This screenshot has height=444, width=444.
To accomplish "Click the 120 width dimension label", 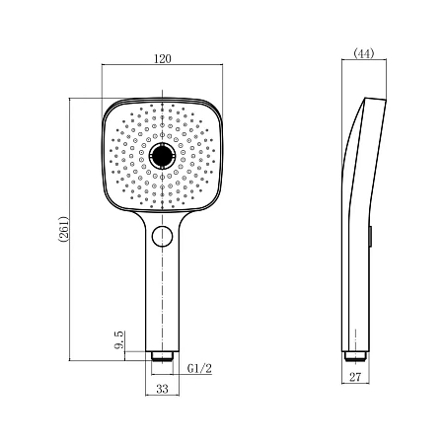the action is tap(163, 58).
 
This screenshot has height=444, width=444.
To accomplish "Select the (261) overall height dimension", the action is tap(63, 229).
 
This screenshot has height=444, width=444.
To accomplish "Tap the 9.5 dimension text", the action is tap(119, 340).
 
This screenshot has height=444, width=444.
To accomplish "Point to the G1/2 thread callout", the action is tap(199, 368).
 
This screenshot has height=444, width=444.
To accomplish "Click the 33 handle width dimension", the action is tap(162, 389).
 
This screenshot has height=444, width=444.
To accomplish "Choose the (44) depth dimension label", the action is tap(364, 53).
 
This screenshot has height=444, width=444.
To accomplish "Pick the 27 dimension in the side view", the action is tap(355, 377).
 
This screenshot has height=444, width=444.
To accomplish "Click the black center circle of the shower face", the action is tap(162, 156).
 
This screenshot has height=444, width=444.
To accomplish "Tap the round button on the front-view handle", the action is tap(162, 236).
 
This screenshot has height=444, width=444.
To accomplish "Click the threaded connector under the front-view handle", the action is tap(162, 356).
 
